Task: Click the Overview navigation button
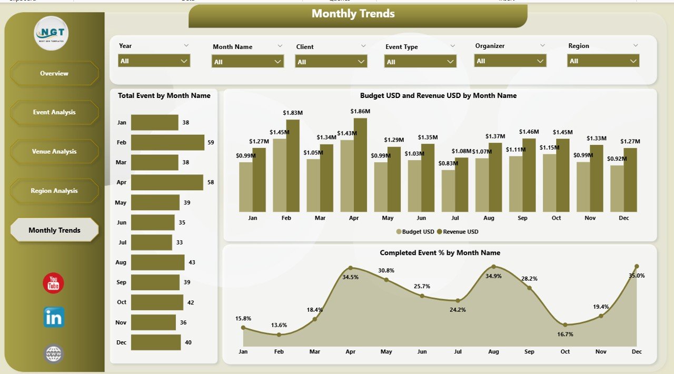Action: [54, 73]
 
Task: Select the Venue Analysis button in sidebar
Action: [54, 152]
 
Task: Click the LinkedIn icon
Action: [54, 318]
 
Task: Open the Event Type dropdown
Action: [420, 62]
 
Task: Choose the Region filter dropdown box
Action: [603, 61]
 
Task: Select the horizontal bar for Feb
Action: [167, 142]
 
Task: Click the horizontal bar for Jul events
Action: [152, 242]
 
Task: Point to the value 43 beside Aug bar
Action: [192, 262]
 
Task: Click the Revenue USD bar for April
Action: [360, 164]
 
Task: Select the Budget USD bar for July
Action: [448, 191]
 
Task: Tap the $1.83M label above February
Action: [293, 113]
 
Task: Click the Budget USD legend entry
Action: [415, 232]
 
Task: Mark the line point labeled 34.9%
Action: [493, 267]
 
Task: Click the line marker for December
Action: [637, 267]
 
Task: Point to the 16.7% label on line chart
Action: [565, 334]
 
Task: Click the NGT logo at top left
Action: [51, 33]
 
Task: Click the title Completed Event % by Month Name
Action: [440, 253]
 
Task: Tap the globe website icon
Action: [54, 353]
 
